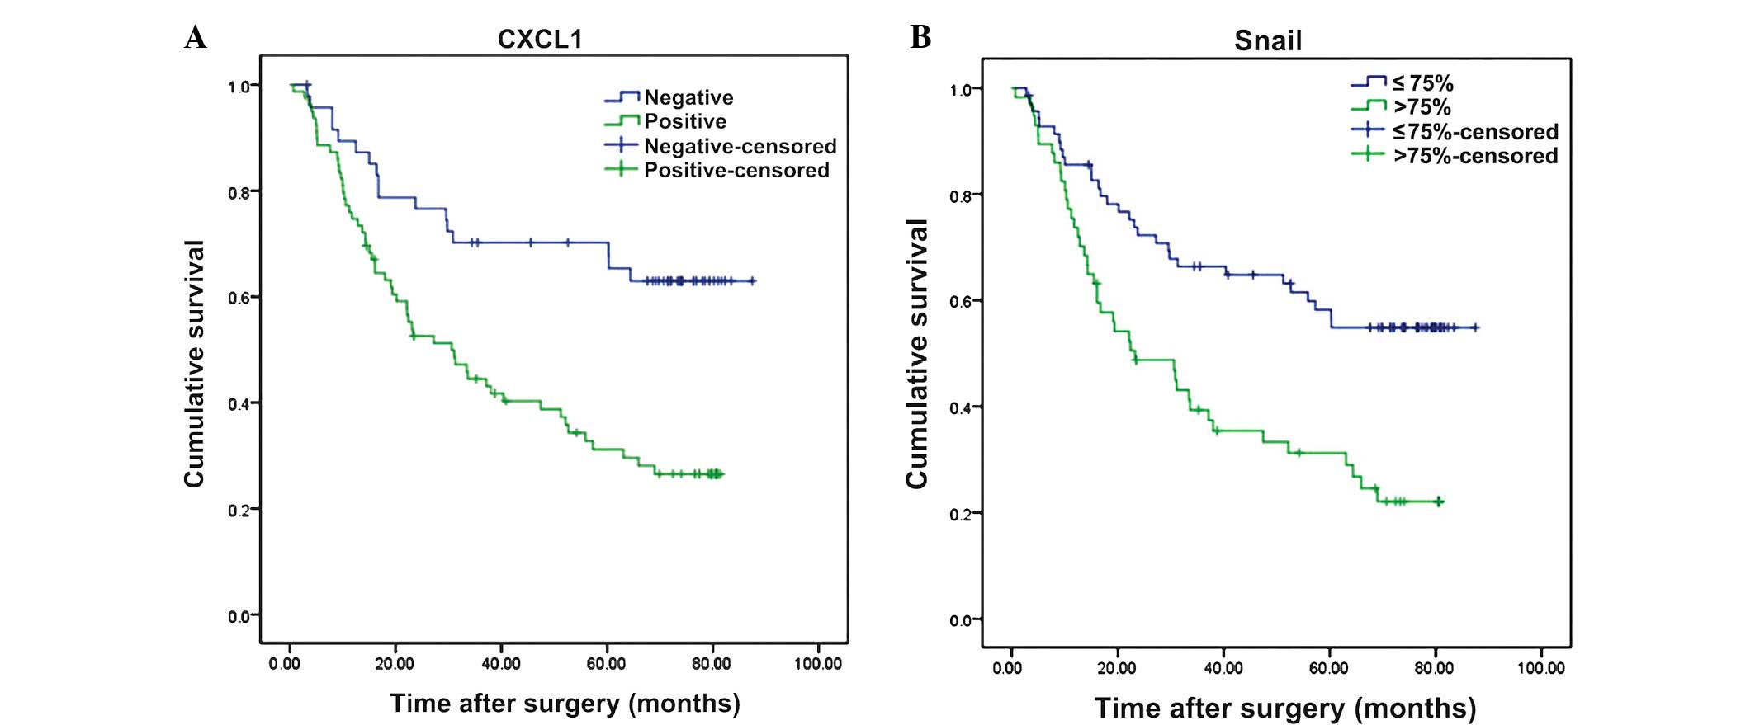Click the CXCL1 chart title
pyautogui.click(x=540, y=40)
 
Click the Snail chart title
pyautogui.click(x=1268, y=40)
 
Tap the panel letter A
pyautogui.click(x=196, y=37)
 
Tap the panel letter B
pyautogui.click(x=920, y=37)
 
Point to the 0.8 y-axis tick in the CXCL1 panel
pyautogui.click(x=241, y=193)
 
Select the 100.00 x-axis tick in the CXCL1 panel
pyautogui.click(x=818, y=664)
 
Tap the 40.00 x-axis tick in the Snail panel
pyautogui.click(x=1223, y=668)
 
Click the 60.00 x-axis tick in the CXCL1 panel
pyautogui.click(x=606, y=664)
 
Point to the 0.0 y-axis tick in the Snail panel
pyautogui.click(x=963, y=620)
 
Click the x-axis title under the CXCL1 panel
pyautogui.click(x=565, y=704)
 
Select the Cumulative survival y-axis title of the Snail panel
pyautogui.click(x=917, y=355)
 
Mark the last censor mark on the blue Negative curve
pyautogui.click(x=751, y=281)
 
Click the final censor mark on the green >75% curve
pyautogui.click(x=1439, y=501)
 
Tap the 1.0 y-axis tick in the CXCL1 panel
pyautogui.click(x=241, y=87)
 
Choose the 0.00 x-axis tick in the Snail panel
pyautogui.click(x=1008, y=668)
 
